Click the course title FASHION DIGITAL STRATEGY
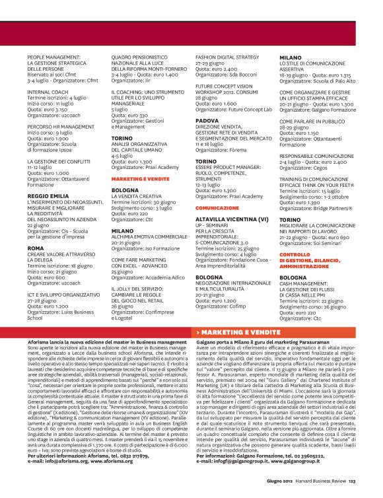[227, 57]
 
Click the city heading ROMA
[36, 248]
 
